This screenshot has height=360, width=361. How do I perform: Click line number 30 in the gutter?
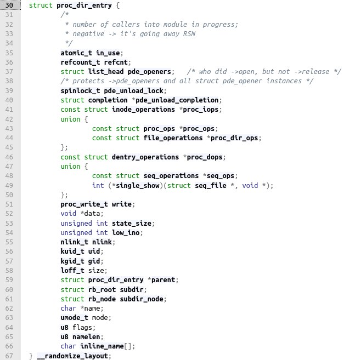9,5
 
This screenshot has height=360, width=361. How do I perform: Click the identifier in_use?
108,53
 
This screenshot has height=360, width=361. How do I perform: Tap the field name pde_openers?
149,72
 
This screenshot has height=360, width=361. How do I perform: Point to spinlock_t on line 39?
80,91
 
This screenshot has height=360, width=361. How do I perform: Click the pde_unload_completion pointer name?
177,100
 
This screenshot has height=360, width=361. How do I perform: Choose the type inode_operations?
143,110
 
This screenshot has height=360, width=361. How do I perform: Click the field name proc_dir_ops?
234,138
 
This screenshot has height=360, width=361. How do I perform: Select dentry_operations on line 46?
145,157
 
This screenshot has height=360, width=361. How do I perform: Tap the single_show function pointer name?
138,186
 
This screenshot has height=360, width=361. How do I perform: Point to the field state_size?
132,224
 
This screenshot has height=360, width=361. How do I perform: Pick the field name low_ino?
126,233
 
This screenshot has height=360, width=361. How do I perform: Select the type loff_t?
72,270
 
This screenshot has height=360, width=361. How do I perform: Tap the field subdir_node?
142,299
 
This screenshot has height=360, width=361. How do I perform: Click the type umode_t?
74,318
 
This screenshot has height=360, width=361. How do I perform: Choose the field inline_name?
102,346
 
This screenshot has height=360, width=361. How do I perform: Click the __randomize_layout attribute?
72,356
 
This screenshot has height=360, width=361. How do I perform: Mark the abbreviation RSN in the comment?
189,34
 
